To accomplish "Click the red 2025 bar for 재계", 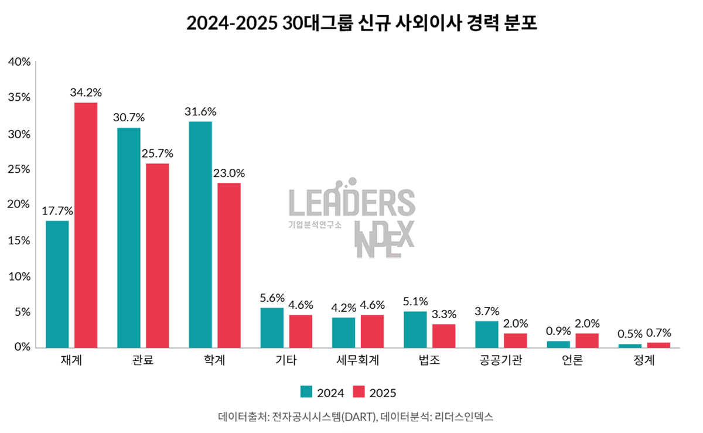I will point(86,226).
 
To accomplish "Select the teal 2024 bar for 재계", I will point(57,284).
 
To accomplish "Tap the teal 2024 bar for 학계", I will point(200,234).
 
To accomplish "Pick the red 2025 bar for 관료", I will point(158,255).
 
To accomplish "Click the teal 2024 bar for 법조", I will point(415,329).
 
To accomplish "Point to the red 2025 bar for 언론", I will point(587,340).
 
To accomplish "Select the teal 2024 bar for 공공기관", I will point(487,335).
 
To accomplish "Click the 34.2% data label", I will point(86,93).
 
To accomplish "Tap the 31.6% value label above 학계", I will point(200,111).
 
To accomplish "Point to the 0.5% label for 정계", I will point(630,333).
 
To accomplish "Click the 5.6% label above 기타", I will point(272,297).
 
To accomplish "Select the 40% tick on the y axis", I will point(19,62).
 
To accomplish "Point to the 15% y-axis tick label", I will point(19,240).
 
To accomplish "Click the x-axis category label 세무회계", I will point(358,361).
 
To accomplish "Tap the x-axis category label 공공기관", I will point(501,361).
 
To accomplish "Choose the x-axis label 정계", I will point(644,361).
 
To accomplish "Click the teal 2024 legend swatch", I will point(306,392).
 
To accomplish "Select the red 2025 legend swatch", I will point(358,392).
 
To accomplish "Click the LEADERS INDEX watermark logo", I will point(351,217).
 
